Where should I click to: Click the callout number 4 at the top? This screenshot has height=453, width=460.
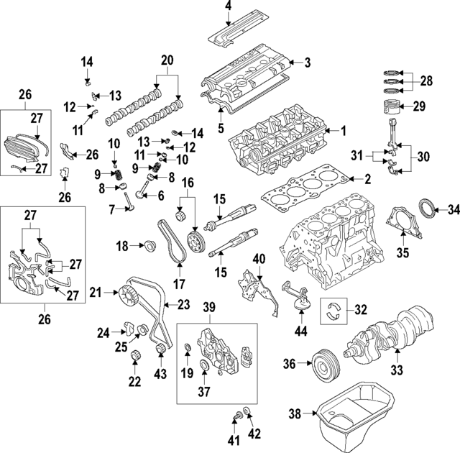tap(228, 8)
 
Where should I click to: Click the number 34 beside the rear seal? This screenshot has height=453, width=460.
tap(453, 210)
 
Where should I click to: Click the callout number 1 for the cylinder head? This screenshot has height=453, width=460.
tap(344, 131)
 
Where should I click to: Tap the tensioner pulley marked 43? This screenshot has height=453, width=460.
tap(162, 351)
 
